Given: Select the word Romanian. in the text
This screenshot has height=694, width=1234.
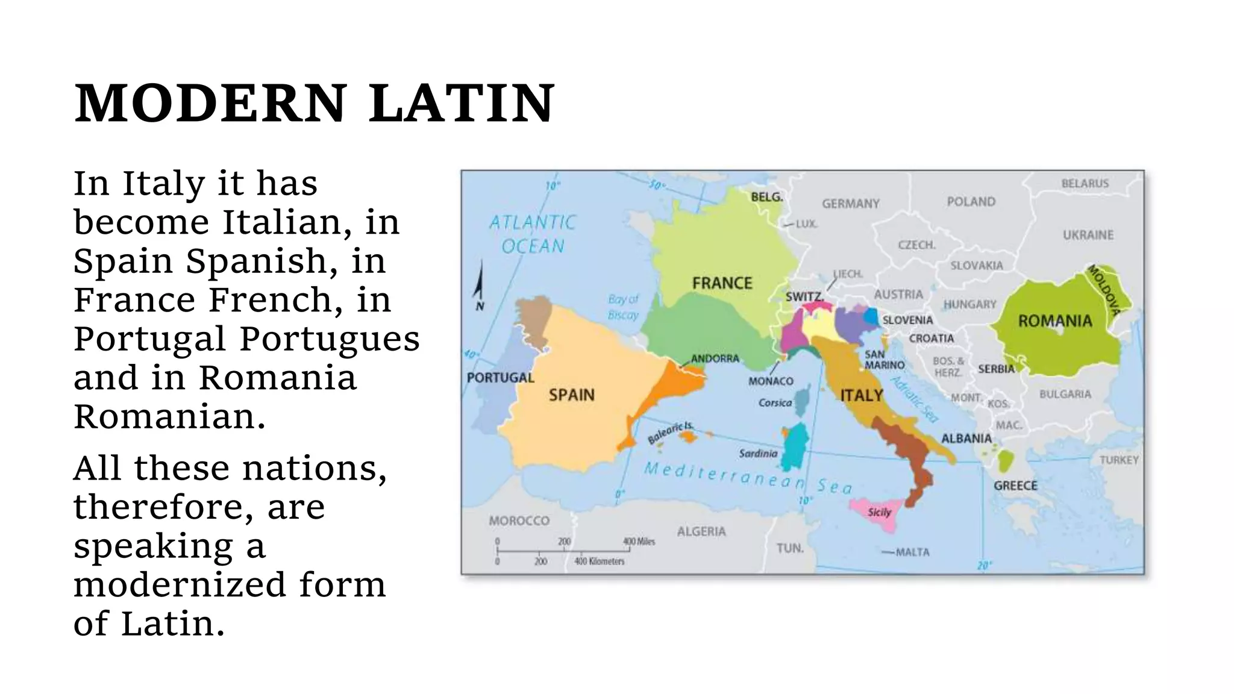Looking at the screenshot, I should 169,416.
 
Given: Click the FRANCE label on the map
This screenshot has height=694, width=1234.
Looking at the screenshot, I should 722,283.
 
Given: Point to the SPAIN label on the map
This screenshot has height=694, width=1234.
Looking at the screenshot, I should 571,395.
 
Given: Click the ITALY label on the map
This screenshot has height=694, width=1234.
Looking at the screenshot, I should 861,395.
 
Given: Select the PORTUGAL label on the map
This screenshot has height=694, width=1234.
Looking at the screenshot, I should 500,378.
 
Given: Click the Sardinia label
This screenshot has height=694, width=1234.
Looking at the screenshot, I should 758,454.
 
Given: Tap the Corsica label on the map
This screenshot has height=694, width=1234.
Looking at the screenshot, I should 774,402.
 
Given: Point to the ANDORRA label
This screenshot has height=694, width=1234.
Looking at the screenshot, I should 715,358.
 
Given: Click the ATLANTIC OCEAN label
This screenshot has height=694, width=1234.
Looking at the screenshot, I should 532,234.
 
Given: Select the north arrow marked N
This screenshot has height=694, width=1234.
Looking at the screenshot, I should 479,289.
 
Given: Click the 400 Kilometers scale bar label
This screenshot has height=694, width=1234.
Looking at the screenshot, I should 599,561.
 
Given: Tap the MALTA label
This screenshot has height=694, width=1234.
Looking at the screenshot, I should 912,552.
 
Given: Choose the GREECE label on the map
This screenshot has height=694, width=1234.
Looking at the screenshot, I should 1015,486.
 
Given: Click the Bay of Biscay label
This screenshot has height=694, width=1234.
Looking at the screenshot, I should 622,307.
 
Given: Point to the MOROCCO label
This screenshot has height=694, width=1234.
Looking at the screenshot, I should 519,520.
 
